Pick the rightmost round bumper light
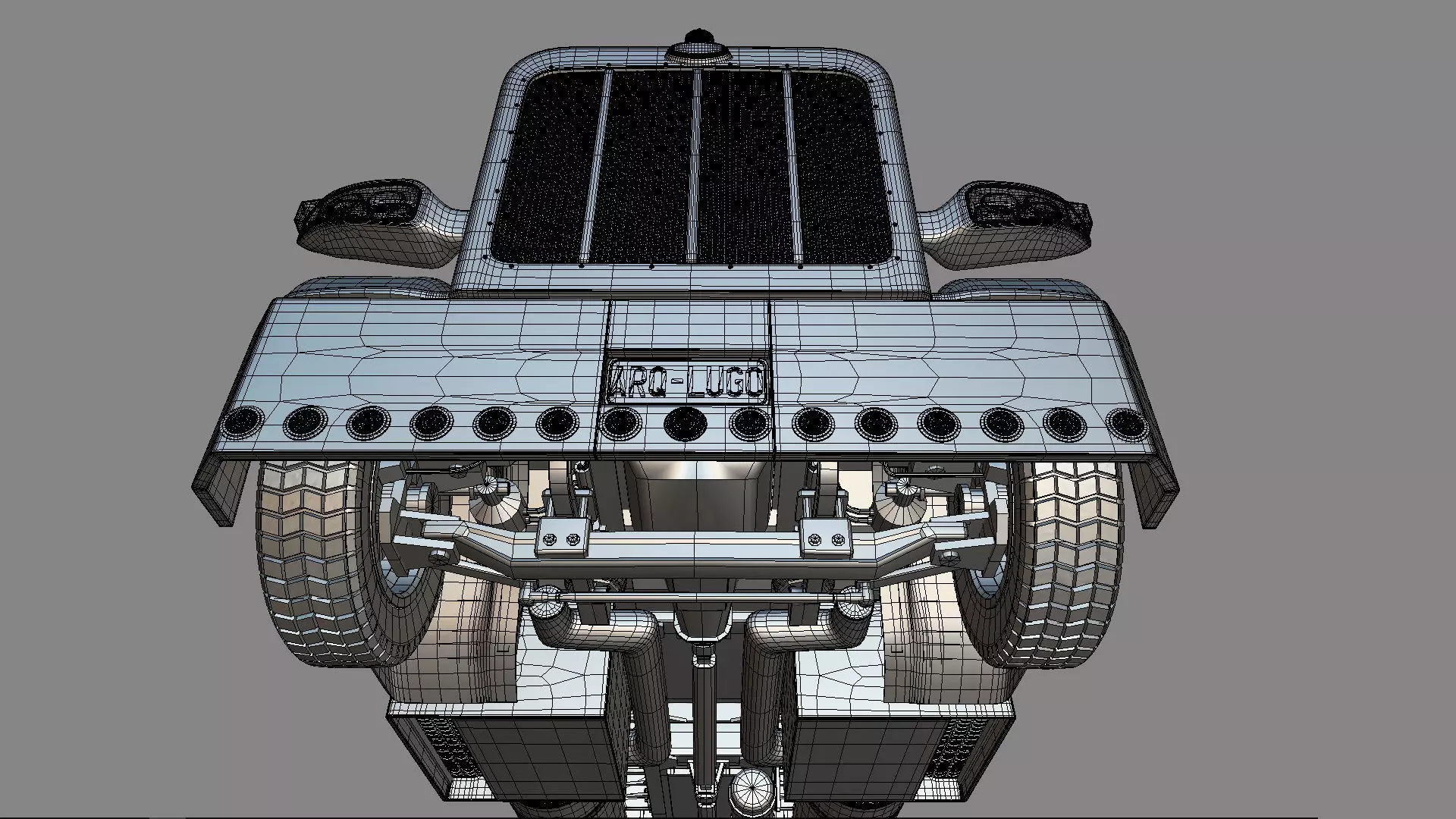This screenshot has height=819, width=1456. [1128, 424]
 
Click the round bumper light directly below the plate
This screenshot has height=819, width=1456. [685, 424]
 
